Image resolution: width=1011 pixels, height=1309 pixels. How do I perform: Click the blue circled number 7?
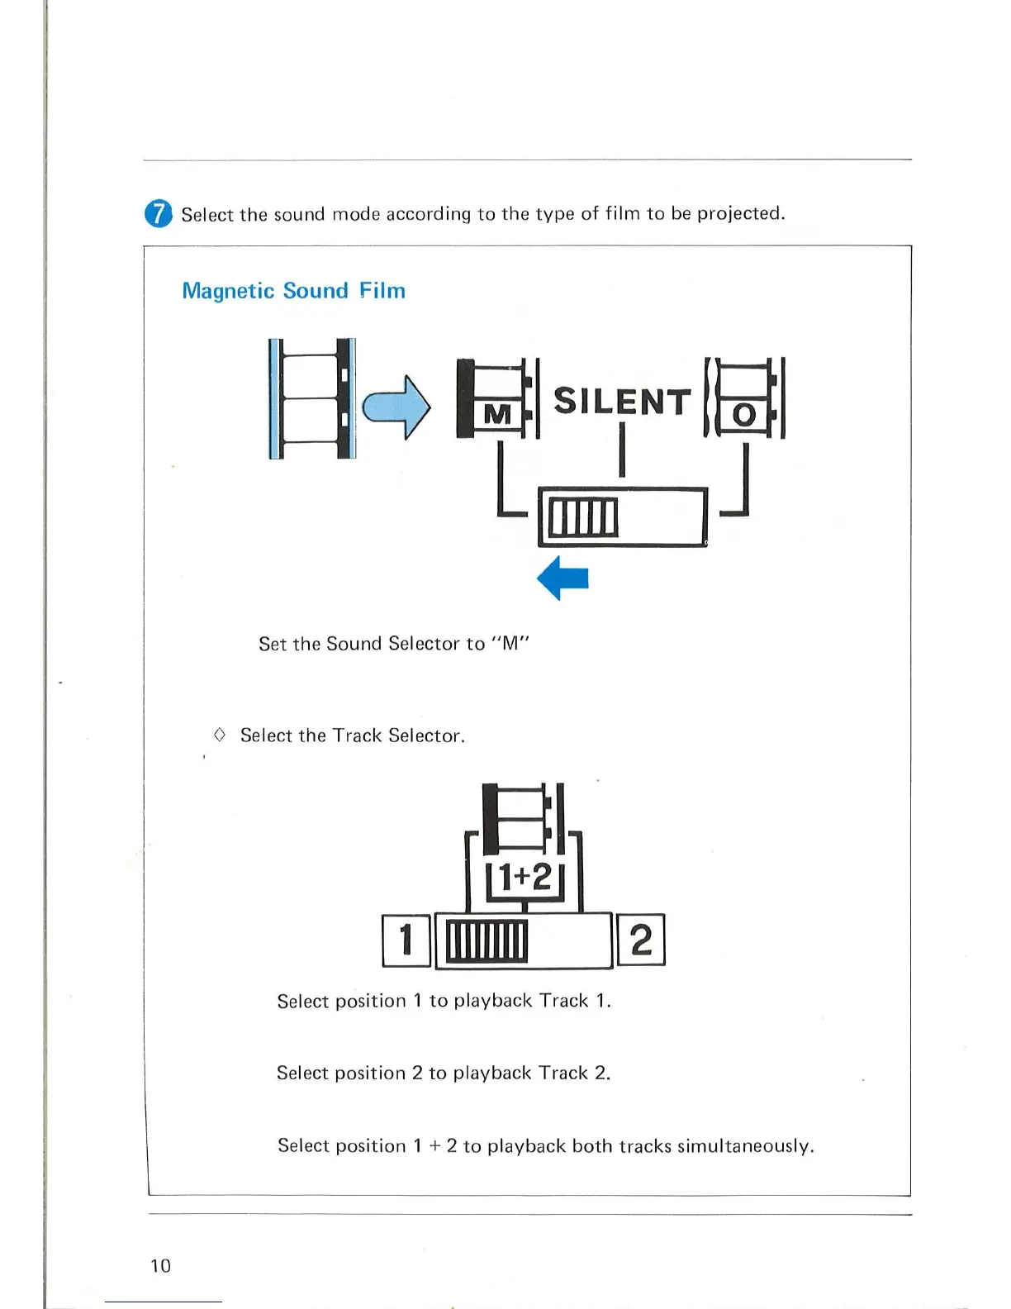click(158, 213)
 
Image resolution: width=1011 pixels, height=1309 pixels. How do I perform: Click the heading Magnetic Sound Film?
click(293, 291)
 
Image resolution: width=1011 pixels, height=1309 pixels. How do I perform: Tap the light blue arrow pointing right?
click(396, 406)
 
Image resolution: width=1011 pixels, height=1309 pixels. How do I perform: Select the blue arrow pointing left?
click(562, 577)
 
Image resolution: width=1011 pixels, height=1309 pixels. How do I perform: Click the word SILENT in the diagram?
click(621, 402)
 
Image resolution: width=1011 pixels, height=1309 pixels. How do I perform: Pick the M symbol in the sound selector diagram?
click(497, 413)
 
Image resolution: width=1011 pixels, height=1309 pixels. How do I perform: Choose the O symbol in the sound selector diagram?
click(743, 414)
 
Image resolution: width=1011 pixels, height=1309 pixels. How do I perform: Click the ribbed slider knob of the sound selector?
click(583, 517)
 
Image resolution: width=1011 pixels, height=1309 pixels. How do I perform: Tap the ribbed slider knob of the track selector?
click(486, 940)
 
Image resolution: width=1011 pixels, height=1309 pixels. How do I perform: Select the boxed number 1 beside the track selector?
click(406, 940)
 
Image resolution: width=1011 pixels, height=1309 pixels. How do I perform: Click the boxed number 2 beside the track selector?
click(641, 940)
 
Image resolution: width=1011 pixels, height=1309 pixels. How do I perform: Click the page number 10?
click(160, 1265)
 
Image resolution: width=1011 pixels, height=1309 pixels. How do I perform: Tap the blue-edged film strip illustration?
click(312, 398)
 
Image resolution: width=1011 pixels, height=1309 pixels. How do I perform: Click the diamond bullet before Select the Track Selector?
click(220, 734)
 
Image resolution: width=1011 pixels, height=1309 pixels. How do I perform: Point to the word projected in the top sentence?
click(740, 213)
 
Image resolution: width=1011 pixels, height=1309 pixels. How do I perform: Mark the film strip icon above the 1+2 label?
click(522, 818)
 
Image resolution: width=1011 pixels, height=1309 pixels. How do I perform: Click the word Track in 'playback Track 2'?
click(563, 1073)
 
